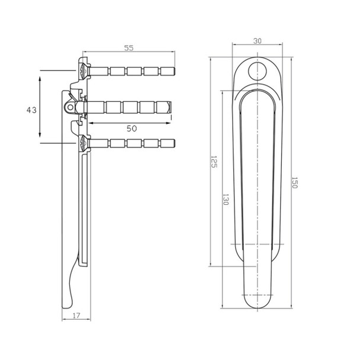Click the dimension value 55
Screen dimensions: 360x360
(x=128, y=48)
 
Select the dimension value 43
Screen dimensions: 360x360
(x=31, y=110)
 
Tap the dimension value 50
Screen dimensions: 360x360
(x=131, y=128)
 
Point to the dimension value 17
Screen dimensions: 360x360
(x=76, y=316)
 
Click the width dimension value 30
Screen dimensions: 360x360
(x=257, y=41)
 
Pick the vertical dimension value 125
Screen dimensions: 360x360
(x=214, y=162)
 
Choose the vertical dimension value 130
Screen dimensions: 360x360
(x=226, y=200)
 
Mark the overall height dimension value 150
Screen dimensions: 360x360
(x=294, y=182)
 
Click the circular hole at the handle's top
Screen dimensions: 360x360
(x=258, y=71)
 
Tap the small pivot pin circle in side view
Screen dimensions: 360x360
(x=70, y=107)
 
